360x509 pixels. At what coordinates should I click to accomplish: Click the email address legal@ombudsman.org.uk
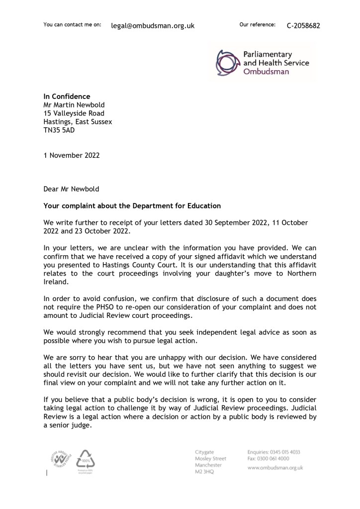pos(152,26)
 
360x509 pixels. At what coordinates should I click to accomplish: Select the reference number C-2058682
pos(303,26)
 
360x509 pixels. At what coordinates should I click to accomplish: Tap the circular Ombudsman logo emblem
pos(227,62)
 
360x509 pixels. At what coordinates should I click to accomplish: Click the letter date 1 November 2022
pos(72,155)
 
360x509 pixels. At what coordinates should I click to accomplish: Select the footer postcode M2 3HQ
pos(205,472)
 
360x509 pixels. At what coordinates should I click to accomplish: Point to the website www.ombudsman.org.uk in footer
pos(275,468)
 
